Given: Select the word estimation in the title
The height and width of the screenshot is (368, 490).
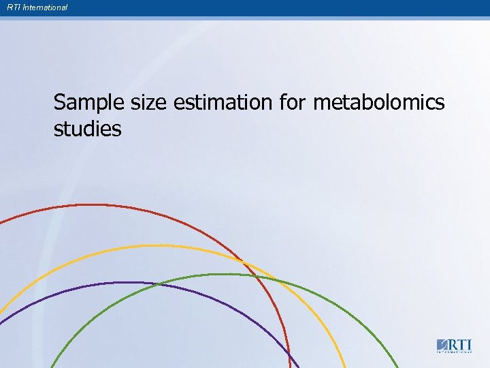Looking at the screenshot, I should [x=223, y=103].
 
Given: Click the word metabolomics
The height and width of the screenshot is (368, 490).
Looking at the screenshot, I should [x=378, y=103].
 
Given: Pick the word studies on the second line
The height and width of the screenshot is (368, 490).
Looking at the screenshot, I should [x=87, y=128].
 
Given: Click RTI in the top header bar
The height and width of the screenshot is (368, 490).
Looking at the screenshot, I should [x=13, y=7].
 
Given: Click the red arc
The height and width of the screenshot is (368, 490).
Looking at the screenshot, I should [x=102, y=205].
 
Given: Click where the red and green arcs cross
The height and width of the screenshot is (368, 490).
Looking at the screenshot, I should [x=257, y=276].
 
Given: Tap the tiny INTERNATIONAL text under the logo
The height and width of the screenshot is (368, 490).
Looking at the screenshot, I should [x=454, y=352].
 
